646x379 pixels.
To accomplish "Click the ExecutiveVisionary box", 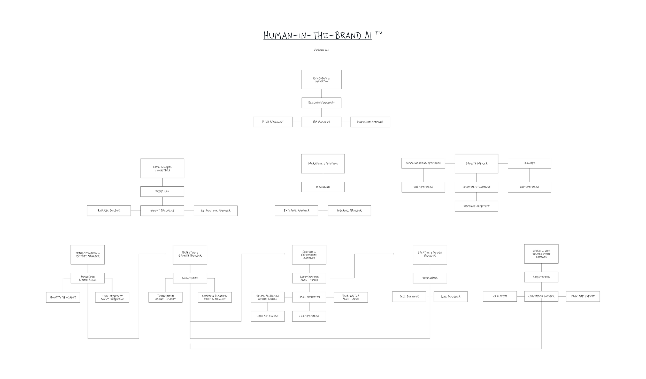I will pyautogui.click(x=321, y=103).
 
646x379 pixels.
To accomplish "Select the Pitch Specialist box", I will pyautogui.click(x=273, y=122).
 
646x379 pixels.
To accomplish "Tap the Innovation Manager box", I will pyautogui.click(x=370, y=122).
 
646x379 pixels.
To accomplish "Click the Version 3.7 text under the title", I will pyautogui.click(x=321, y=50).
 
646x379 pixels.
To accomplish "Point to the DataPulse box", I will pyautogui.click(x=162, y=192).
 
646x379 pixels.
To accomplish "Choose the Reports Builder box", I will pyautogui.click(x=109, y=211).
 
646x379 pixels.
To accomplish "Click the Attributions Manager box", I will pyautogui.click(x=216, y=211).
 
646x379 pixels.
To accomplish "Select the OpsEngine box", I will pyautogui.click(x=323, y=187).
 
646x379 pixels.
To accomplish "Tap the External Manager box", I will pyautogui.click(x=296, y=211).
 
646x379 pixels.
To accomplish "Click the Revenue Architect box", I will pyautogui.click(x=476, y=206).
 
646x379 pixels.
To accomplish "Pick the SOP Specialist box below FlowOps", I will pyautogui.click(x=529, y=187).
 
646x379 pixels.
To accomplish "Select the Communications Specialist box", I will pyautogui.click(x=423, y=163).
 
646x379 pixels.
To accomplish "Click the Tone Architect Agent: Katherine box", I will pyautogui.click(x=112, y=297).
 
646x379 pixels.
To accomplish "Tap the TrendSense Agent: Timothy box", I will pyautogui.click(x=165, y=297).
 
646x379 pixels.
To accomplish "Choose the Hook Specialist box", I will pyautogui.click(x=267, y=316).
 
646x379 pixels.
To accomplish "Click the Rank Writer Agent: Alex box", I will pyautogui.click(x=350, y=297).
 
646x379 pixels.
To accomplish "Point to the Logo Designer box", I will pyautogui.click(x=450, y=297).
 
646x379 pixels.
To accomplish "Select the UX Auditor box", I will pyautogui.click(x=499, y=296).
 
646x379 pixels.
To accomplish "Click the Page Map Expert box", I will pyautogui.click(x=583, y=296).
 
